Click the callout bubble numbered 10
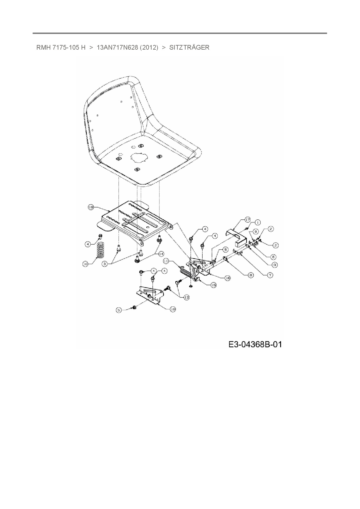tap(85, 264)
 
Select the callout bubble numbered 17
tap(247, 220)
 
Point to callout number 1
tap(257, 222)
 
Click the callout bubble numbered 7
tap(270, 275)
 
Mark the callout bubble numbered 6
tap(273, 257)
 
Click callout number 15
tap(213, 285)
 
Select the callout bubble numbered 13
tap(186, 297)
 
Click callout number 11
tap(166, 261)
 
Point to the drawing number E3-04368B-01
tap(255, 344)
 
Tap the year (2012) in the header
tap(149, 48)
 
